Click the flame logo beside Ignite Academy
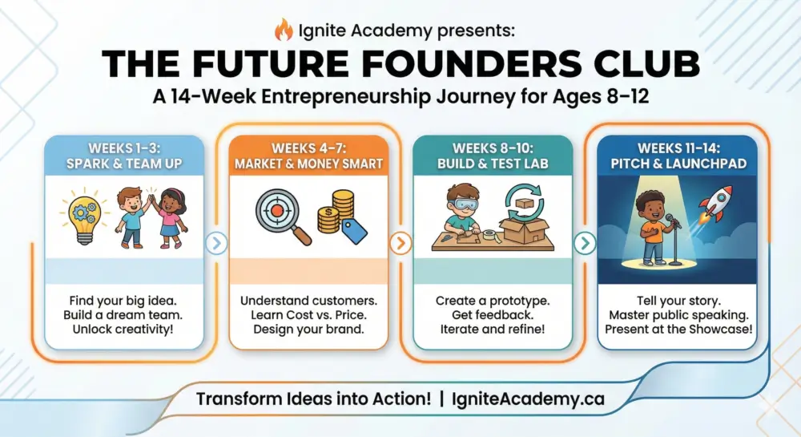tap(284, 30)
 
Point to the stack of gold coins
tap(336, 212)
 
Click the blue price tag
tap(355, 231)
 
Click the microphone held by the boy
tap(674, 221)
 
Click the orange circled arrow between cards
tap(400, 243)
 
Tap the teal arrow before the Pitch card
tap(585, 243)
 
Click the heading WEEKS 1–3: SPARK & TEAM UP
tap(124, 156)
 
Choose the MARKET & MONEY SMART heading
tap(308, 164)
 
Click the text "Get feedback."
tap(493, 315)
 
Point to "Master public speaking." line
tap(678, 315)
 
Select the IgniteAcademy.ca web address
tap(528, 399)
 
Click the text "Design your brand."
tap(308, 330)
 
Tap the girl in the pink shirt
tap(171, 217)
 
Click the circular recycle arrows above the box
tap(525, 204)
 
